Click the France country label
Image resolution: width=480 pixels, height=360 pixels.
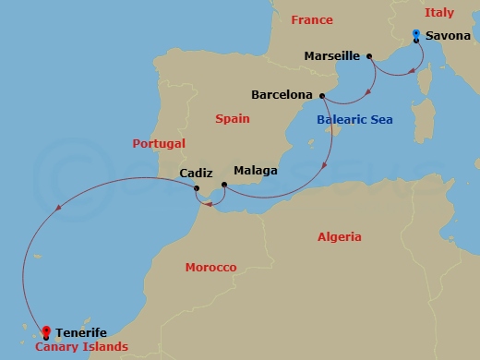click(311, 20)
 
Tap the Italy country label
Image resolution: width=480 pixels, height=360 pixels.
click(438, 13)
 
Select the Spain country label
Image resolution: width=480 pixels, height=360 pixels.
click(232, 118)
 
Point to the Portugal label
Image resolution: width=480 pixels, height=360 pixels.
click(159, 144)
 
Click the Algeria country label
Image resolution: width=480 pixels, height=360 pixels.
click(340, 237)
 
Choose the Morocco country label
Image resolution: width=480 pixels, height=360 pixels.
click(210, 267)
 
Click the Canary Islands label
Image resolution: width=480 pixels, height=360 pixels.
click(82, 347)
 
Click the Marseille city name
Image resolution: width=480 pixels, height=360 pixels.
click(331, 55)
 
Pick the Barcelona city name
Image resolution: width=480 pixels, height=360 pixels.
click(282, 94)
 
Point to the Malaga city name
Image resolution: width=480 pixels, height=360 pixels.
click(256, 171)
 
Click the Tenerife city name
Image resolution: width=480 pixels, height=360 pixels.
click(81, 332)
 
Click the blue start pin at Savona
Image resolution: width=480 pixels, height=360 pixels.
click(416, 35)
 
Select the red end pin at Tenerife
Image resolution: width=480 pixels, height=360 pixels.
click(44, 334)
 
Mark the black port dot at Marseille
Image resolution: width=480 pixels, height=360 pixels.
click(369, 56)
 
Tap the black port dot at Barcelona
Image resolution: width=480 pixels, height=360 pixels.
click(320, 95)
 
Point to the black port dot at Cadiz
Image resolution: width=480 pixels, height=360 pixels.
click(197, 189)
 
